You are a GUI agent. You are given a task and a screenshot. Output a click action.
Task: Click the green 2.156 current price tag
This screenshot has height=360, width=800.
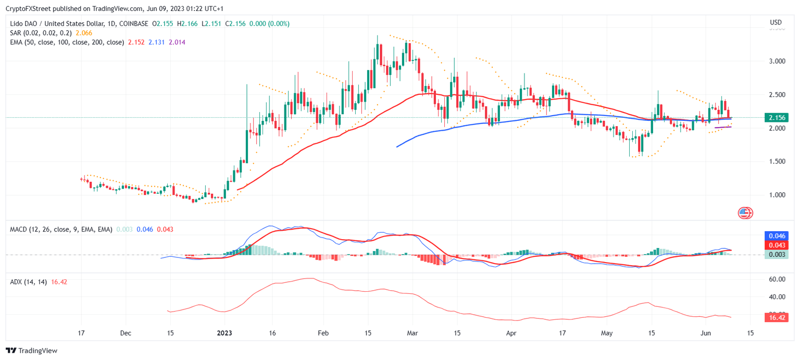tap(776, 118)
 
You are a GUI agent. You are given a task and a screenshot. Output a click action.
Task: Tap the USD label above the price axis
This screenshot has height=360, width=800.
tap(776, 22)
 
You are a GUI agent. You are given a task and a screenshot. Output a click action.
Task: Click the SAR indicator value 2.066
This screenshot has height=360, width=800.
tap(84, 33)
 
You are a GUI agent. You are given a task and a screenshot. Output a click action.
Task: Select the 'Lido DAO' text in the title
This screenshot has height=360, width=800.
tap(24, 23)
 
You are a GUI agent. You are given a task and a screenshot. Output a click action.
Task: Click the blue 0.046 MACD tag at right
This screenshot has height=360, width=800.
tap(776, 236)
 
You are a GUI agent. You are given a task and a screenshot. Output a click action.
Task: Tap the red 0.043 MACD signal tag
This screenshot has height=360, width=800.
tap(776, 245)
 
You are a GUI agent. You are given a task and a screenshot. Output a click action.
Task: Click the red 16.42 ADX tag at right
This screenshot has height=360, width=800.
tap(776, 317)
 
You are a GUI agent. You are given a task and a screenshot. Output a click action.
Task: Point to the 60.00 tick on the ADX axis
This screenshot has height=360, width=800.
tap(777, 279)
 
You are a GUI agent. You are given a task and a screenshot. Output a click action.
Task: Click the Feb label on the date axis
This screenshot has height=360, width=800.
tap(323, 332)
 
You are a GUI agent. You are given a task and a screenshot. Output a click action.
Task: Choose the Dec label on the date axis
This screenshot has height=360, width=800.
tap(126, 332)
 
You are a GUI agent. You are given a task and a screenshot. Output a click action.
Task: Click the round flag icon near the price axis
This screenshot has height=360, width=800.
tap(745, 213)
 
